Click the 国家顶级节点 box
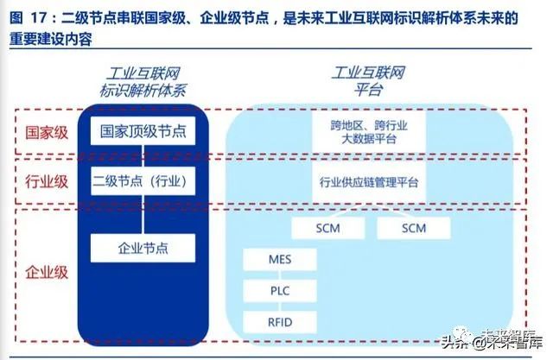point(143,131)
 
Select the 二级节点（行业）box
point(143,181)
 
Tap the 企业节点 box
point(143,248)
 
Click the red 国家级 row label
point(47,133)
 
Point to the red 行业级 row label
point(47,182)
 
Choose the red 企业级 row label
point(47,273)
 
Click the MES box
point(280,260)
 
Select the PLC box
point(280,291)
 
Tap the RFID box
point(280,322)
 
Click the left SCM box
point(328,228)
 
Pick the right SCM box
point(414,228)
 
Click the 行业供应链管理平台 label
point(369,182)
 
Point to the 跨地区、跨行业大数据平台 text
point(369,132)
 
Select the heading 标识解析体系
point(143,91)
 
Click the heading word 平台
point(368,89)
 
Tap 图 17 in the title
point(31,18)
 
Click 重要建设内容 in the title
point(51,39)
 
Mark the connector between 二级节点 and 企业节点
point(143,214)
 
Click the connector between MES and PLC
point(280,275)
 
